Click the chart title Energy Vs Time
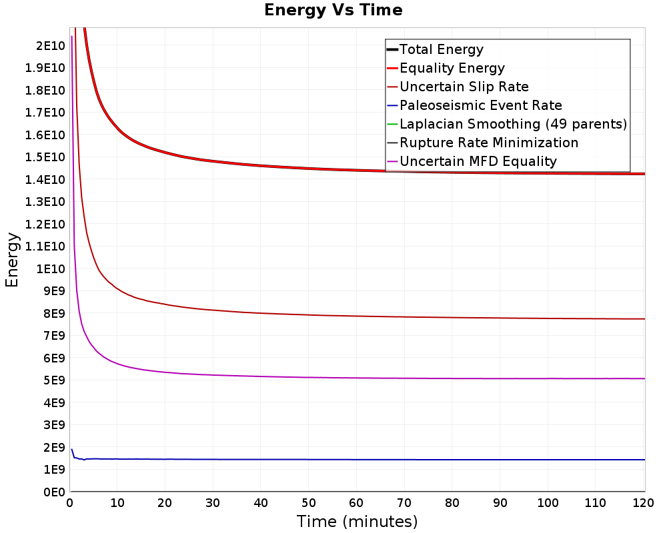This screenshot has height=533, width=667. tap(333, 10)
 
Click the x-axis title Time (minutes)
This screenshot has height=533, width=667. tap(357, 521)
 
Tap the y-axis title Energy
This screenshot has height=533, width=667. tap(12, 260)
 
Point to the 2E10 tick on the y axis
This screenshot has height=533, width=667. tap(51, 45)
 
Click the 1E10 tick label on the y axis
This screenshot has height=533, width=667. tap(51, 268)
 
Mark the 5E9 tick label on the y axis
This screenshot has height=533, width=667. tap(54, 380)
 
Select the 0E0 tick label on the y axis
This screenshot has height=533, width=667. tap(54, 492)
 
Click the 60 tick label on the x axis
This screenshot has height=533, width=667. tap(356, 503)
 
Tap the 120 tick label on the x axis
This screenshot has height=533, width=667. tap(643, 503)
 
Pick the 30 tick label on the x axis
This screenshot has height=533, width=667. tap(213, 503)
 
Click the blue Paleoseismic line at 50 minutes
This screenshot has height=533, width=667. tap(309, 460)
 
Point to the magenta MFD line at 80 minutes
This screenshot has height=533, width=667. tap(453, 378)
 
